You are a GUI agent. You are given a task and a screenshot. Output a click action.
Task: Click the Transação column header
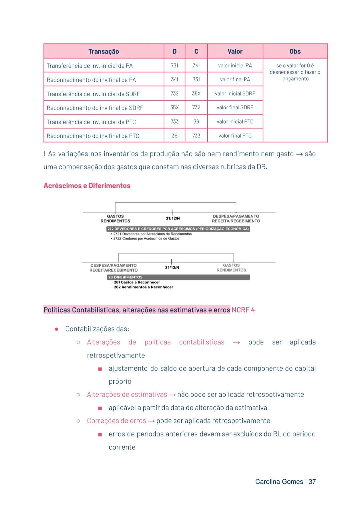point(104,51)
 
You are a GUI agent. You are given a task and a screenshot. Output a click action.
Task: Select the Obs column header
point(295,51)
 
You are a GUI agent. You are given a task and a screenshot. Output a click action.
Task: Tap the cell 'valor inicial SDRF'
point(235,94)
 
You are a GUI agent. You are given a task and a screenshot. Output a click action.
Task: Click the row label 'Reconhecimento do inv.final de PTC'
point(93,136)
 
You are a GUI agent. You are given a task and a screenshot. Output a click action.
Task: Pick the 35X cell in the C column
point(196,94)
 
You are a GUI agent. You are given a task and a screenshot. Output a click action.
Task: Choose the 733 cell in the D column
point(174,122)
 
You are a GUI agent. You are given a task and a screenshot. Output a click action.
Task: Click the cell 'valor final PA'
point(235,80)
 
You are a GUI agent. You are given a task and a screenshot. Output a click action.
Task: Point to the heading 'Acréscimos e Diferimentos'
point(87,186)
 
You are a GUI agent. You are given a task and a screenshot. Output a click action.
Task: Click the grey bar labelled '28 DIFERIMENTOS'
point(178,277)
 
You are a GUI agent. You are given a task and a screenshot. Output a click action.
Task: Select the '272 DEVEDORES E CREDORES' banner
point(178,229)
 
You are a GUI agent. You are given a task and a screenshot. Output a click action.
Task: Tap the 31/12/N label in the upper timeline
point(173,219)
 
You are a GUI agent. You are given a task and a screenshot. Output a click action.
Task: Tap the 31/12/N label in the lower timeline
point(172,268)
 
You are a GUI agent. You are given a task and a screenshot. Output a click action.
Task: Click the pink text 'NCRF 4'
point(243,310)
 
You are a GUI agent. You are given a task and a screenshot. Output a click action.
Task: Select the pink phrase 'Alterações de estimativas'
point(127,394)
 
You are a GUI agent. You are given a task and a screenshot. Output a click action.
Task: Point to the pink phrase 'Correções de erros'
point(116,421)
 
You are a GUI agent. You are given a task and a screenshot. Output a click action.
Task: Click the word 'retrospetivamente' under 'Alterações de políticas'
point(116,355)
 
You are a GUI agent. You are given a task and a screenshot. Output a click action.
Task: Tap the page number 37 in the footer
point(312,482)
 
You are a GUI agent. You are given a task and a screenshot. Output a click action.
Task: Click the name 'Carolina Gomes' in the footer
point(279,482)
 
